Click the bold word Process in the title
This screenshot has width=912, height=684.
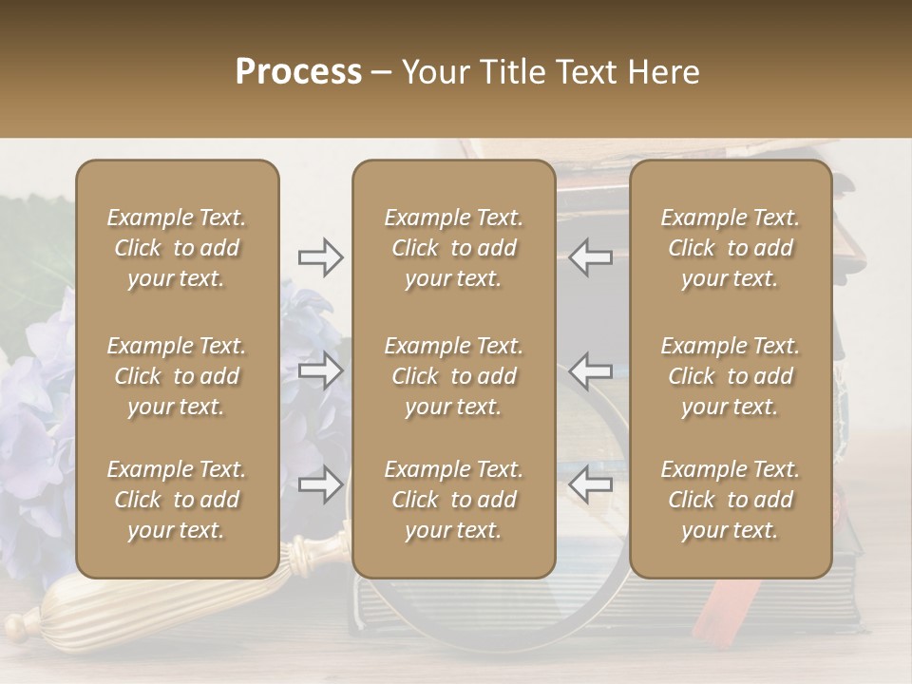click(298, 71)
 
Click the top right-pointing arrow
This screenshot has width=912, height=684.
click(321, 257)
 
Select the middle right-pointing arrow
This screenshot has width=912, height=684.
click(321, 370)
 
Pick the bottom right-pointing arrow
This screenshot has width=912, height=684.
click(321, 485)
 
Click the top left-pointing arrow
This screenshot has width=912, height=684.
click(591, 257)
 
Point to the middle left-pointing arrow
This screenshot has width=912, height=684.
click(591, 370)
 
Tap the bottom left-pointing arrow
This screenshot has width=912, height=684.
click(591, 485)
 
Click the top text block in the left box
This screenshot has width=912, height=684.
click(177, 248)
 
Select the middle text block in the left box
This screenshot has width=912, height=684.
click(177, 376)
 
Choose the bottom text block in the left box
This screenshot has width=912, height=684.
click(177, 500)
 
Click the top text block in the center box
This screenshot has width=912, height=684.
click(453, 248)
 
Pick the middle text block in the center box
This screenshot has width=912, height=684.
click(453, 376)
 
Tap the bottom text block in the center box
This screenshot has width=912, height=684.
click(453, 500)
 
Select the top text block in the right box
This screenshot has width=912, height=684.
click(730, 248)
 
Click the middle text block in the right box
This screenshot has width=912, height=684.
click(730, 376)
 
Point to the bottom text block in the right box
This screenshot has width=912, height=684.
click(730, 500)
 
